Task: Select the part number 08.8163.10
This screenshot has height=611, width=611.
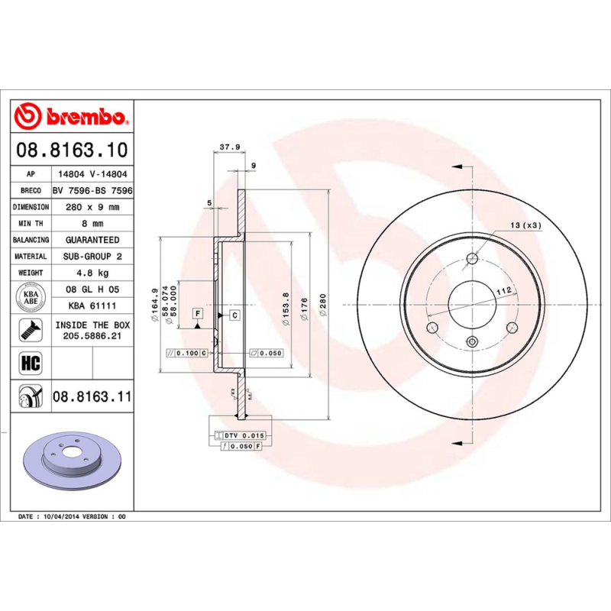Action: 73,150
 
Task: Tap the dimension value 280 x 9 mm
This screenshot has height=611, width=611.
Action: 92,207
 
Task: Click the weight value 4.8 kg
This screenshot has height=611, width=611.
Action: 92,273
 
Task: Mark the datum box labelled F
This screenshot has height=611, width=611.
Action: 198,314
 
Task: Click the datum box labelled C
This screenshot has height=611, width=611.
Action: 234,315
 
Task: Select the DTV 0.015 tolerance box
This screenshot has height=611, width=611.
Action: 243,435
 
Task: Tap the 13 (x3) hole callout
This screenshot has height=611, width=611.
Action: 525,225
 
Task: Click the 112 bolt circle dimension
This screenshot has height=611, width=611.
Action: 503,291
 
